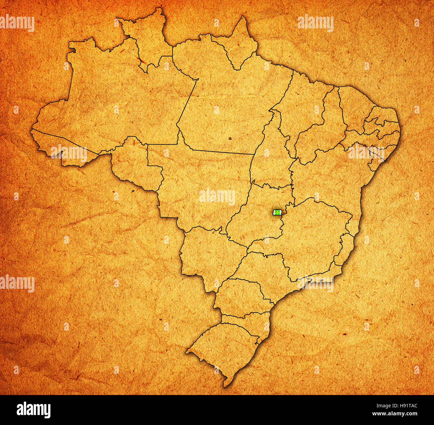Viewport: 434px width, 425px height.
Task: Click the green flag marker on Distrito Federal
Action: point(277,212)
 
